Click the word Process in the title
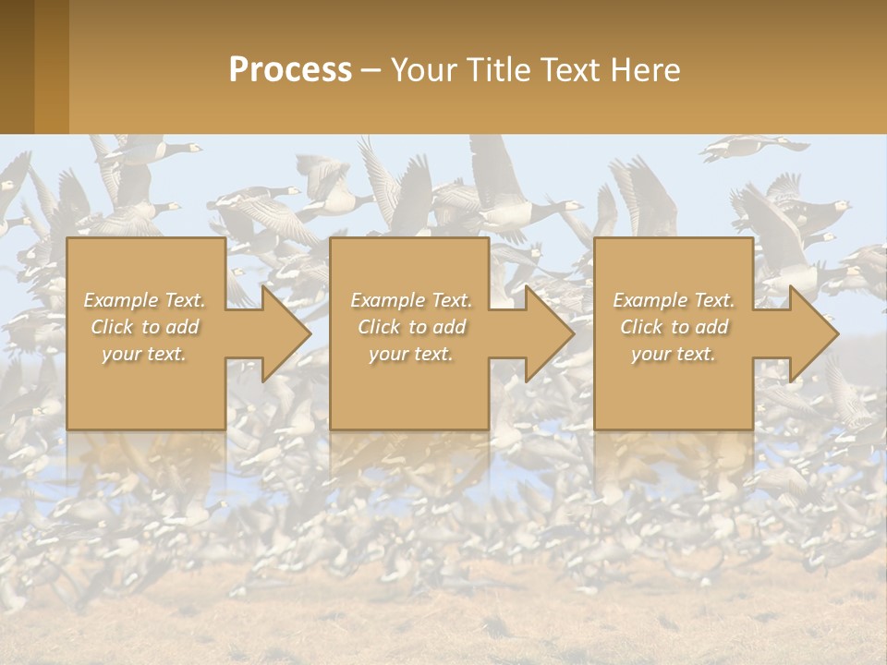290,70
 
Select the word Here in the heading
646,70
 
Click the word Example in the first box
121,300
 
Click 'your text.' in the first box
144,354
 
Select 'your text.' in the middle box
411,354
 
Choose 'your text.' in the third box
674,354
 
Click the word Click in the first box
111,327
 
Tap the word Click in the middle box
378,327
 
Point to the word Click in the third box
640,327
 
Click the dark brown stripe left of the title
17,66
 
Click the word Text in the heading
566,70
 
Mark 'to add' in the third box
704,327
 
